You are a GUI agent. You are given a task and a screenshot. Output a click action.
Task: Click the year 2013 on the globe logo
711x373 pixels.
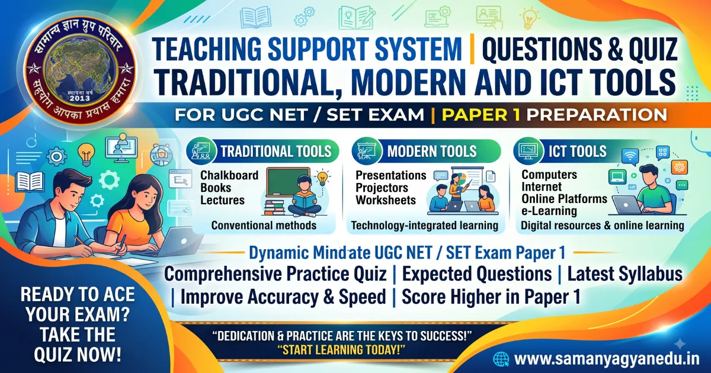click(79, 98)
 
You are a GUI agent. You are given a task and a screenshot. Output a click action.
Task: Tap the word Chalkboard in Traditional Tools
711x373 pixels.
click(229, 175)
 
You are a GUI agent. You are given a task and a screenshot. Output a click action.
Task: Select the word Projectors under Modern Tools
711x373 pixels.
click(382, 188)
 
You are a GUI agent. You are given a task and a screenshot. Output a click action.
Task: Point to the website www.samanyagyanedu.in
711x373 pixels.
click(607, 359)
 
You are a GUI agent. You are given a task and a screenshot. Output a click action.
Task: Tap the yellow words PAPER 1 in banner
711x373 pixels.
click(481, 114)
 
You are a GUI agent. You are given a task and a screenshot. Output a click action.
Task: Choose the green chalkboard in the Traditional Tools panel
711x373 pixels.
click(288, 182)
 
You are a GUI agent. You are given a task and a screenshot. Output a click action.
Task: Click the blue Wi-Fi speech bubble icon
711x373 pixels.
click(630, 157)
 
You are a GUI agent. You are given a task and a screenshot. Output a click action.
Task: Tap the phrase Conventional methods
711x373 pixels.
click(264, 225)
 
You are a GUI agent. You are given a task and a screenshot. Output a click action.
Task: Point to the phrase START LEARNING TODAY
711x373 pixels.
click(341, 349)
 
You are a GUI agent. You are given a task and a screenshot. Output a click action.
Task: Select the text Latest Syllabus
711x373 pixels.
click(624, 274)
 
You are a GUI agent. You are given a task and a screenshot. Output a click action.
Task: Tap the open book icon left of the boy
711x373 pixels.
click(30, 181)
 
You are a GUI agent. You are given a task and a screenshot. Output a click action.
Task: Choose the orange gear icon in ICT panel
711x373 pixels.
click(680, 167)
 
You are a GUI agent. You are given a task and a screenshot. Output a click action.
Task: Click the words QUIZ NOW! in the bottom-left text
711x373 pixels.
click(78, 354)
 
